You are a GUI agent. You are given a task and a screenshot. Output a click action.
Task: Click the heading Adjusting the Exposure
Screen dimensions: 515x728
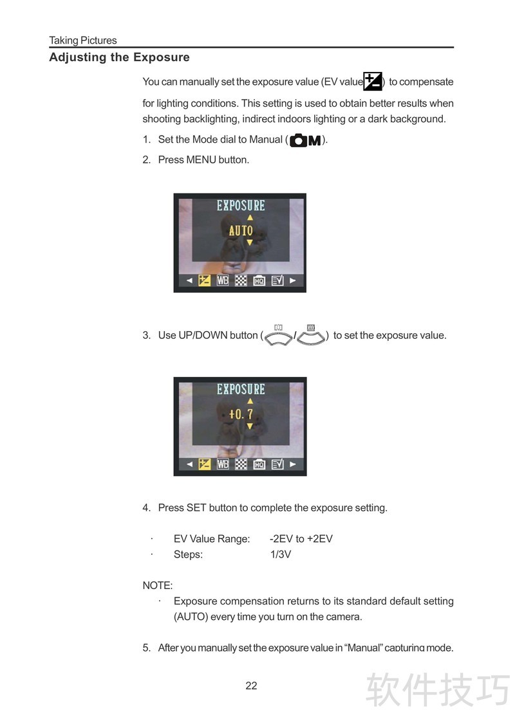click(x=120, y=57)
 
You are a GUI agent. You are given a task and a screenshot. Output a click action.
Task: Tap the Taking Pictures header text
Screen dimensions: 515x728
click(x=83, y=41)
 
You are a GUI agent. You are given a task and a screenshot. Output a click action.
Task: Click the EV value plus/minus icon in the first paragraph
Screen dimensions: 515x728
click(x=373, y=81)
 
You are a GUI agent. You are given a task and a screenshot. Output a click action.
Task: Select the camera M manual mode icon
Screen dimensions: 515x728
click(x=305, y=140)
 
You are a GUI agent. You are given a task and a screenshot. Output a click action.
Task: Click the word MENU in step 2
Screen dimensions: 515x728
click(x=201, y=159)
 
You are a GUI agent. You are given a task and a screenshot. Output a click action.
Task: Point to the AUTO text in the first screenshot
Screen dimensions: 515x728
click(x=241, y=230)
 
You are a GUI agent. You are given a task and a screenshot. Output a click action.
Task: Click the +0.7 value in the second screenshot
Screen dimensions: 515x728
click(x=241, y=414)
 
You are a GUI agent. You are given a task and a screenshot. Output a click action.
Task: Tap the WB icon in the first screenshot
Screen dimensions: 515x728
click(x=223, y=280)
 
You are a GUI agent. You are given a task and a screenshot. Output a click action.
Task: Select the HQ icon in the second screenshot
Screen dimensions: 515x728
click(x=259, y=464)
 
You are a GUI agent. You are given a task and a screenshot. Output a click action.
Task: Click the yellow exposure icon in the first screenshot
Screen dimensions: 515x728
click(x=205, y=280)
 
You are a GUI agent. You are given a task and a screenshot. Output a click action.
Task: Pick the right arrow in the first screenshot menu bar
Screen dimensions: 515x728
click(x=293, y=280)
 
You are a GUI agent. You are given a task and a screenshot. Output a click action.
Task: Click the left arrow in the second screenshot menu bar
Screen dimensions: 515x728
click(x=189, y=464)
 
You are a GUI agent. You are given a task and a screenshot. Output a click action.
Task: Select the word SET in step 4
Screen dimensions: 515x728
click(x=196, y=508)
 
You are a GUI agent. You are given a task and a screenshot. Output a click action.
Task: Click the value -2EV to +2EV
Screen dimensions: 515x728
click(x=301, y=538)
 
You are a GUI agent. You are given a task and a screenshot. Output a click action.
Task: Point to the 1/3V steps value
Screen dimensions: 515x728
click(x=281, y=554)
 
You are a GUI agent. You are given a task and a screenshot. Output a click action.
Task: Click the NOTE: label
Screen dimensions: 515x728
click(x=158, y=585)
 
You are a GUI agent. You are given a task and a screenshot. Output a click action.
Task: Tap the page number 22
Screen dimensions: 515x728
click(x=252, y=686)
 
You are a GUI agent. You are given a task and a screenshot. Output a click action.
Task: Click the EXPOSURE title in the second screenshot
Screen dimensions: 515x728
click(x=241, y=389)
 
